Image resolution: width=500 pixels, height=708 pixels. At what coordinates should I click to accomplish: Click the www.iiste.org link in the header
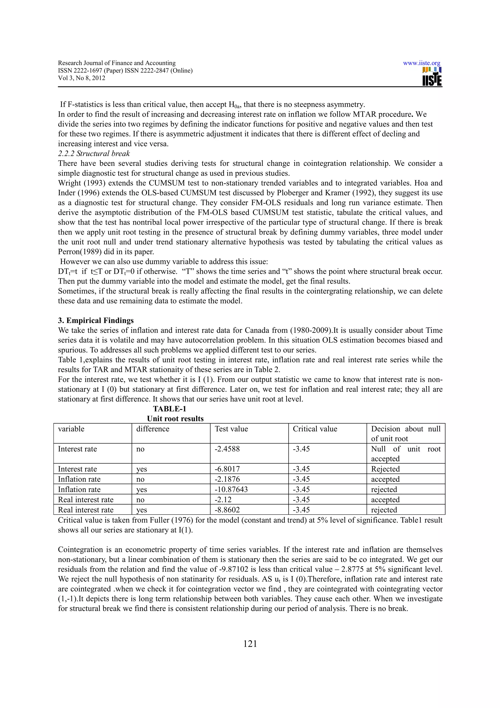pyautogui.click(x=421, y=63)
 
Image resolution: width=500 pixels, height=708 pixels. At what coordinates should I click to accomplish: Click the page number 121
pyautogui.click(x=250, y=644)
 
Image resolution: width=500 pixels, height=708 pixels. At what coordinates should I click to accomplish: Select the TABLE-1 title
pyautogui.click(x=169, y=409)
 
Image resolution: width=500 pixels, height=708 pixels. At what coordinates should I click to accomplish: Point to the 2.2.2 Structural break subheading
pyautogui.click(x=94, y=154)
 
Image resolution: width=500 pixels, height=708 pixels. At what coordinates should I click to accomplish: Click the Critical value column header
pyautogui.click(x=315, y=429)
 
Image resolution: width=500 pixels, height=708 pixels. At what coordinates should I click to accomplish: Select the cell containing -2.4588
pyautogui.click(x=227, y=449)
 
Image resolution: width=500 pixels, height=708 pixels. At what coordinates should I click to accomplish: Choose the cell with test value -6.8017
pyautogui.click(x=227, y=469)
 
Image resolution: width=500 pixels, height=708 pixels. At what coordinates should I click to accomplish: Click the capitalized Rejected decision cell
pyautogui.click(x=385, y=469)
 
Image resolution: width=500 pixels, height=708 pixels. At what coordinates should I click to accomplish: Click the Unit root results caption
pyautogui.click(x=175, y=419)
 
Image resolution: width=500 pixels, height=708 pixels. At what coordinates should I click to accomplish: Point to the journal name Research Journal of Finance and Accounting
pyautogui.click(x=117, y=63)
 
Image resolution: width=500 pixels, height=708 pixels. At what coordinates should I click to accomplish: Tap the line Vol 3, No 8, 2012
pyautogui.click(x=82, y=78)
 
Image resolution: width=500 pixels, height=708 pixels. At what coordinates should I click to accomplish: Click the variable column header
pyautogui.click(x=71, y=429)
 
